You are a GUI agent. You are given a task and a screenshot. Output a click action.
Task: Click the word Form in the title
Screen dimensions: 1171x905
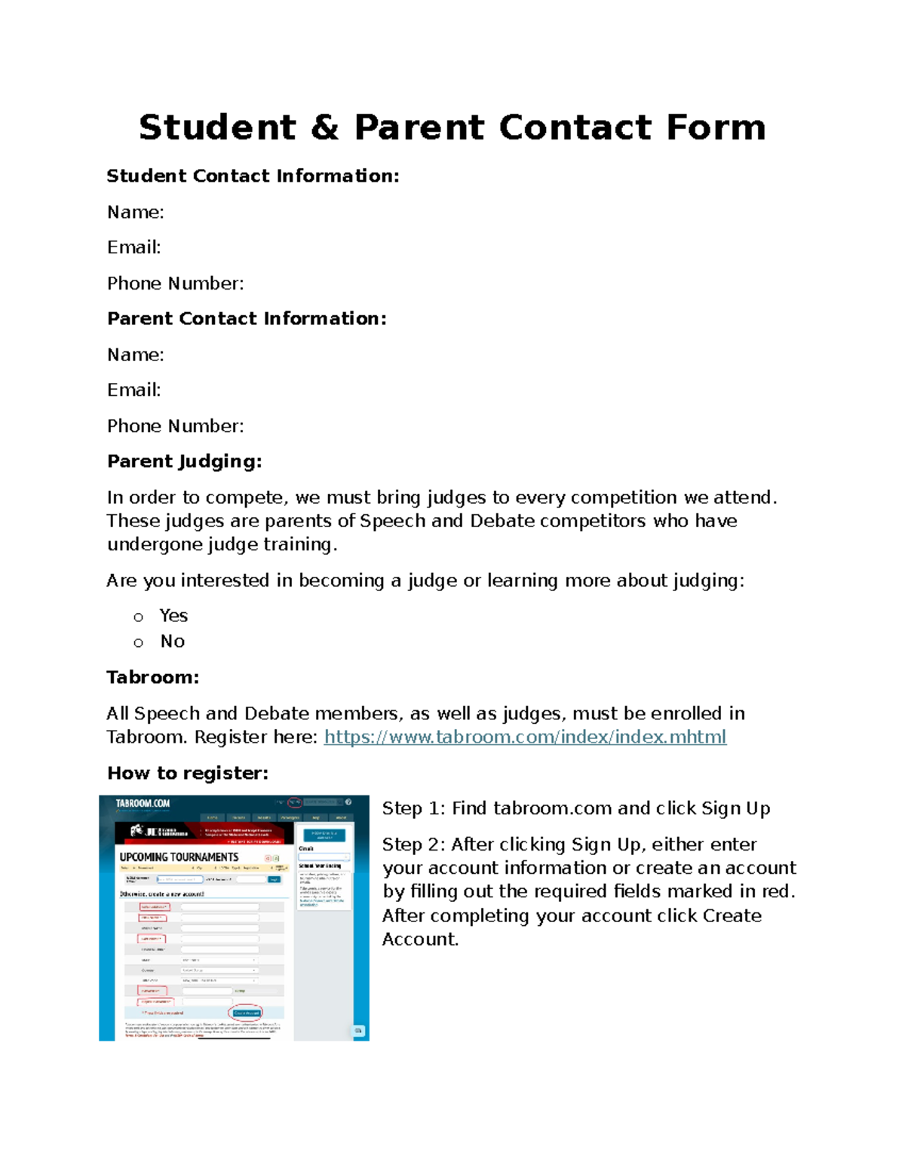click(x=716, y=127)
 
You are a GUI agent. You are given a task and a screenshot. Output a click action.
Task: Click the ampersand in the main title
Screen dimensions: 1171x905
click(x=324, y=127)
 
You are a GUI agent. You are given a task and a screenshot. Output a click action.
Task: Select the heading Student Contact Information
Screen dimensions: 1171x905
click(x=253, y=176)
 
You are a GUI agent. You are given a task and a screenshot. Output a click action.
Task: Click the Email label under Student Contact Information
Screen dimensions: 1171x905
click(x=133, y=247)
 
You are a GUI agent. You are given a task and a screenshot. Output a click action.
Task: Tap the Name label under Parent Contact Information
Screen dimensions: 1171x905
click(x=135, y=354)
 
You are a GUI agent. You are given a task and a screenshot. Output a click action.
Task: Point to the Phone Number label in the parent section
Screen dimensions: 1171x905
click(x=175, y=426)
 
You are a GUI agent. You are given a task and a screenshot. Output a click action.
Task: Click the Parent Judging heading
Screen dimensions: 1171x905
click(x=184, y=461)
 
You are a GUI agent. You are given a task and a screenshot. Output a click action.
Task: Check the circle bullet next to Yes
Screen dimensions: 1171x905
click(x=138, y=618)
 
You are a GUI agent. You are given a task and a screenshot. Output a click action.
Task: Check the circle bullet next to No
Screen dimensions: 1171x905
click(x=138, y=643)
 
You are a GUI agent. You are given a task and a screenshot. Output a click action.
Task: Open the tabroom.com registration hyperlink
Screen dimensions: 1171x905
click(x=525, y=737)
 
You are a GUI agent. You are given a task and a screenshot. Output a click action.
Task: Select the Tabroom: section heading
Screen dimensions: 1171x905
click(x=152, y=677)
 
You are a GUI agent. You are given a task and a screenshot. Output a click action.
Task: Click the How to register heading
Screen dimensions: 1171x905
click(x=187, y=773)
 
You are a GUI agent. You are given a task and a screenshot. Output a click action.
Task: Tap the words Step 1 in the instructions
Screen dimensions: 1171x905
click(x=413, y=808)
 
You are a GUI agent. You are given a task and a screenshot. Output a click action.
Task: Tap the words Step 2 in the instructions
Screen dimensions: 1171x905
click(x=413, y=845)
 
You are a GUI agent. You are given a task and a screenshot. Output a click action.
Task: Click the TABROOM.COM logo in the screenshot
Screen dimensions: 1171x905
click(x=143, y=804)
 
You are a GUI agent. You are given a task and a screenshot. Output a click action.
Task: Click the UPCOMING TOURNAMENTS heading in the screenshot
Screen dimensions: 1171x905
click(x=179, y=857)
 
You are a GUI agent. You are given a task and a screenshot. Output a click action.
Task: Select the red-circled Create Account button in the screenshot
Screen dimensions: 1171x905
click(x=246, y=1013)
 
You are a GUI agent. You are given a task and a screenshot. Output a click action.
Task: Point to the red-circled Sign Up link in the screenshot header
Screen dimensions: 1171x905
click(x=295, y=802)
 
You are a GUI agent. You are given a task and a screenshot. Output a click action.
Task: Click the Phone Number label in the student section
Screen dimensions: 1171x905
click(x=175, y=284)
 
